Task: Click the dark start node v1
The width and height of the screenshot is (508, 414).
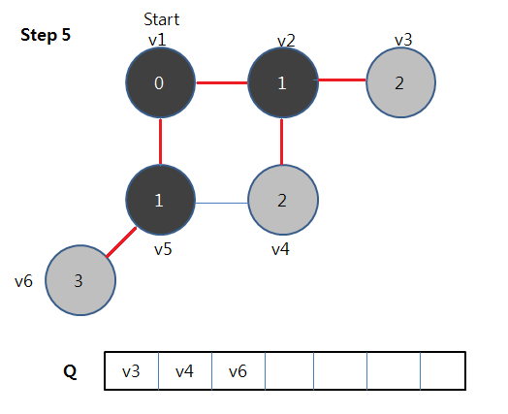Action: coord(160,82)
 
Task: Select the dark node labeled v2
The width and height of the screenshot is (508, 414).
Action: coord(283,82)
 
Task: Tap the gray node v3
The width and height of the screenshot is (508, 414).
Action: coord(400,82)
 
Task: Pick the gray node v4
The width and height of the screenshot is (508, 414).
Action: coord(283,200)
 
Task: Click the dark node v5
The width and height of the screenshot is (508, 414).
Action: coord(160,200)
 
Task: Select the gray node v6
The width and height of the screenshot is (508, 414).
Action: coord(80,280)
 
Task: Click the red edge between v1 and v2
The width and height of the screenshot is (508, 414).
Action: coord(222,83)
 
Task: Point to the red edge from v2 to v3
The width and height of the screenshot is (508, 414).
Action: coord(342,80)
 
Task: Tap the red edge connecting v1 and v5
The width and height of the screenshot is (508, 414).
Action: coord(160,142)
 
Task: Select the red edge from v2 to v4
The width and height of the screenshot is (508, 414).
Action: coord(281,142)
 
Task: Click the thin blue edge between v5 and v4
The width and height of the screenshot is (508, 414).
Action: coord(222,203)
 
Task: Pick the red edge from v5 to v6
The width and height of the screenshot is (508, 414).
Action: coord(121,242)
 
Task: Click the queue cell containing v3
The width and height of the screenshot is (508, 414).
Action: coord(132,371)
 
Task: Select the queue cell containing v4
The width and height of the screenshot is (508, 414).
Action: coord(185,371)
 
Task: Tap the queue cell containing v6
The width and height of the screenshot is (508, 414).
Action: coord(238,371)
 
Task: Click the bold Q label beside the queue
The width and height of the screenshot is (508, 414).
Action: coord(70,372)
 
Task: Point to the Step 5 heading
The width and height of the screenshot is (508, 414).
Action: coord(46,35)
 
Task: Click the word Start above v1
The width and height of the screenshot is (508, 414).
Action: coord(161,19)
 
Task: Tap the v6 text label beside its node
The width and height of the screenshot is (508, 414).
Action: coord(23,281)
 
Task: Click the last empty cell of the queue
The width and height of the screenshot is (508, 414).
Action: coord(443,371)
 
